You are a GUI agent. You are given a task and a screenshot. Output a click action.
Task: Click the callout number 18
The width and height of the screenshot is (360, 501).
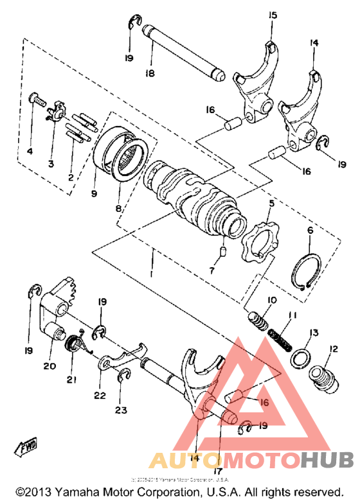149,74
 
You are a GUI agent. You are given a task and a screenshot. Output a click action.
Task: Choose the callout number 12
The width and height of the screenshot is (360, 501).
332,350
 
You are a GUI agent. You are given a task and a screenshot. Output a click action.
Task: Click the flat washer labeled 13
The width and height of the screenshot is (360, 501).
301,357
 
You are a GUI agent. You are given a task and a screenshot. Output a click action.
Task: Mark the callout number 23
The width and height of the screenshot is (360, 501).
121,410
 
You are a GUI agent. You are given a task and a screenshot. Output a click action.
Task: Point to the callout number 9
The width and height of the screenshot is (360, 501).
94,192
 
